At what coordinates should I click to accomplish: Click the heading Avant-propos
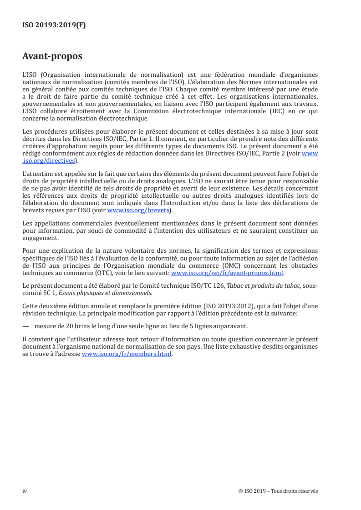(x=52, y=57)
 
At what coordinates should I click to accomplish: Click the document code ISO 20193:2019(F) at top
(x=54, y=25)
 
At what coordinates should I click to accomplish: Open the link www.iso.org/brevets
(x=138, y=210)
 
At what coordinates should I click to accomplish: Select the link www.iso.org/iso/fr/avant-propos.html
(x=227, y=273)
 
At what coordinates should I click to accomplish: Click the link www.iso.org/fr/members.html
(x=127, y=355)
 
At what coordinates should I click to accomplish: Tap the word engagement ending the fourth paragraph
(x=40, y=238)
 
